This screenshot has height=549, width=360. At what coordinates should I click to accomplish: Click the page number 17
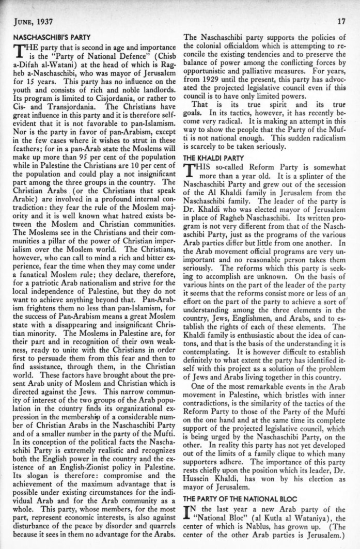pyautogui.click(x=340, y=21)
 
